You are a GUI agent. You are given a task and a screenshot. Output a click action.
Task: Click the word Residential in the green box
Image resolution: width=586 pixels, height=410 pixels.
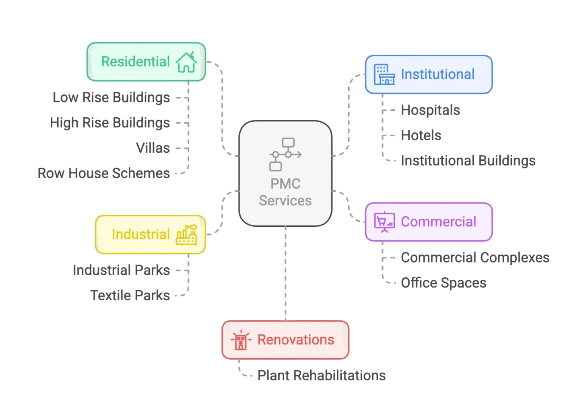tap(135, 61)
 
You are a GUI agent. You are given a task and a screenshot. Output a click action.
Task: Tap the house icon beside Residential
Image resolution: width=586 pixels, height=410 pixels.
tap(186, 62)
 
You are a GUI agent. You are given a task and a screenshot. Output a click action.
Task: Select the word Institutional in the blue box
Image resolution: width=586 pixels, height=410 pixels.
tap(437, 74)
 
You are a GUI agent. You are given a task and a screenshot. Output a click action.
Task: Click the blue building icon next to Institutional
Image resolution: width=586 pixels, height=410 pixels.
tap(384, 74)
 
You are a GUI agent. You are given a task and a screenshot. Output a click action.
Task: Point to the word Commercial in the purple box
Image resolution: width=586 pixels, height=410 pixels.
tap(438, 221)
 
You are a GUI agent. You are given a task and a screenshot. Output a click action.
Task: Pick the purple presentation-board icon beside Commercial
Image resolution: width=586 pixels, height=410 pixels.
tap(384, 221)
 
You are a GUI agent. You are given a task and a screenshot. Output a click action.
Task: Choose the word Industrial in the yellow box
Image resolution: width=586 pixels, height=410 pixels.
tap(140, 234)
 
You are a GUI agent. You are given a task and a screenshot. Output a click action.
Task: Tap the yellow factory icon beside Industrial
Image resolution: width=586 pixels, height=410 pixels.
tap(186, 235)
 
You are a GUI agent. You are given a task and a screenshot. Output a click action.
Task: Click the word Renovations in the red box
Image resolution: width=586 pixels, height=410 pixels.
tap(296, 340)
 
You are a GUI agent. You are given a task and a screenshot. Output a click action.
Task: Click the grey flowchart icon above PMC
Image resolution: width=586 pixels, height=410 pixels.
tap(285, 154)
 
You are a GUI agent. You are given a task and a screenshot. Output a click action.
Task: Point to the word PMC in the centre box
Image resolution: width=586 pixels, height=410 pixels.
tap(285, 184)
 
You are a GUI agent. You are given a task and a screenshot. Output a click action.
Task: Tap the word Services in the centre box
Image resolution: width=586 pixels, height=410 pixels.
tap(285, 201)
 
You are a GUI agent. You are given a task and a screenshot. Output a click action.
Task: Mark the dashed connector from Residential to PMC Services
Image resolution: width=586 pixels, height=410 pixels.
tap(222, 109)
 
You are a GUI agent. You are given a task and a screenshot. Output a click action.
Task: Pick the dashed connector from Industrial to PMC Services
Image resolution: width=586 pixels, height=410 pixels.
tap(222, 213)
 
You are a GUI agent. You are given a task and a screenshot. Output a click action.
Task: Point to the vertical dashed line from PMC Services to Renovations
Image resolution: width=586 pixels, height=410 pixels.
tap(285, 273)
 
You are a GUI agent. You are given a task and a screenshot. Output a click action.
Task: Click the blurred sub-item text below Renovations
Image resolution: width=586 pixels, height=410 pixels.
tap(322, 376)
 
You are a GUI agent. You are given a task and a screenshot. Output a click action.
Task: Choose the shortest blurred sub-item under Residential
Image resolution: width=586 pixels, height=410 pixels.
tap(153, 148)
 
